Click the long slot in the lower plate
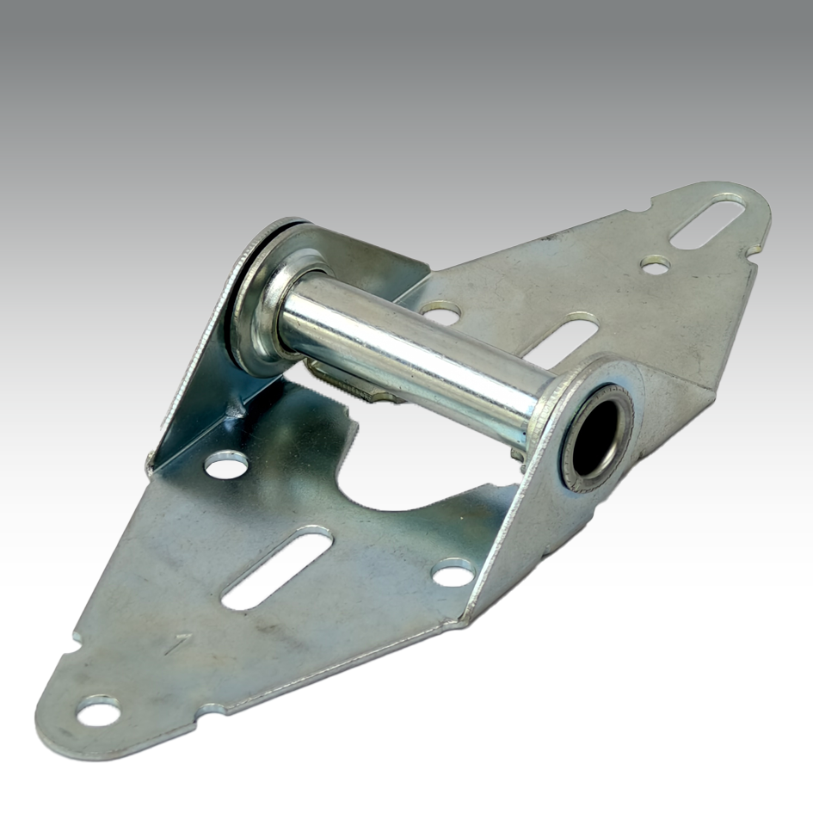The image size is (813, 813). [277, 569]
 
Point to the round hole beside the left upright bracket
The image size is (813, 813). [226, 465]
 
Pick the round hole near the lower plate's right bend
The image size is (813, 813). [453, 572]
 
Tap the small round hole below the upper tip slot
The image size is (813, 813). [656, 264]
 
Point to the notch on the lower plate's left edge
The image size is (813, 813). [77, 638]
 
